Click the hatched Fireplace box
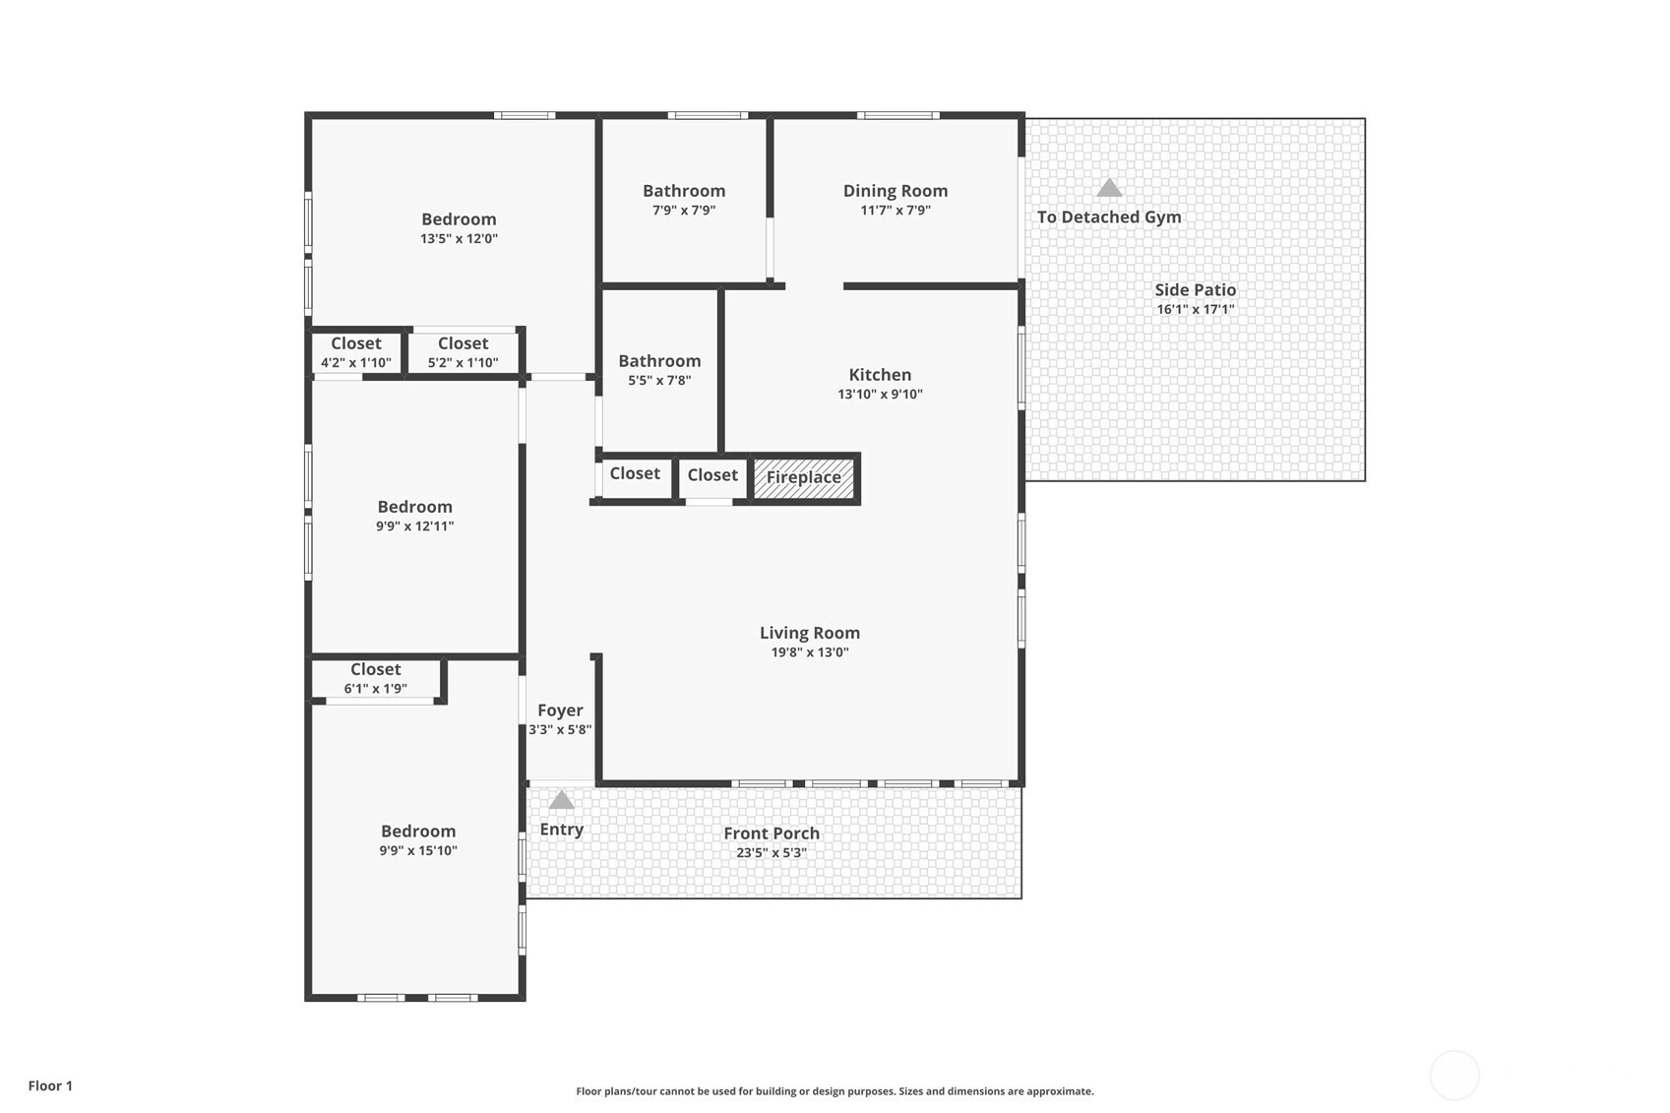click(x=804, y=478)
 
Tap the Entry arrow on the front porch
click(x=561, y=800)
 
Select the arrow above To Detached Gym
click(x=1109, y=187)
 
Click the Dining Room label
click(x=896, y=191)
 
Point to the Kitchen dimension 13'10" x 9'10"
click(x=880, y=395)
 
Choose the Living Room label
click(x=810, y=633)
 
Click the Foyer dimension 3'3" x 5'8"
click(x=560, y=730)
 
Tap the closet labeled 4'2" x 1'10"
click(x=356, y=352)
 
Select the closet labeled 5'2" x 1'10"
click(x=463, y=352)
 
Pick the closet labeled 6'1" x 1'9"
click(x=376, y=678)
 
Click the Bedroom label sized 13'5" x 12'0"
click(x=459, y=219)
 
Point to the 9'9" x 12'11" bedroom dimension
click(x=414, y=526)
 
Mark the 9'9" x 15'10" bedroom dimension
click(x=418, y=850)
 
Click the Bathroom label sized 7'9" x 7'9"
click(x=684, y=191)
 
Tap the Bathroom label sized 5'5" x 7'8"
click(x=659, y=361)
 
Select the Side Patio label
click(x=1195, y=290)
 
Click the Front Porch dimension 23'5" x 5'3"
click(x=772, y=853)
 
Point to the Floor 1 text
click(x=51, y=1085)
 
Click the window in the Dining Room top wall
click(x=897, y=115)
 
